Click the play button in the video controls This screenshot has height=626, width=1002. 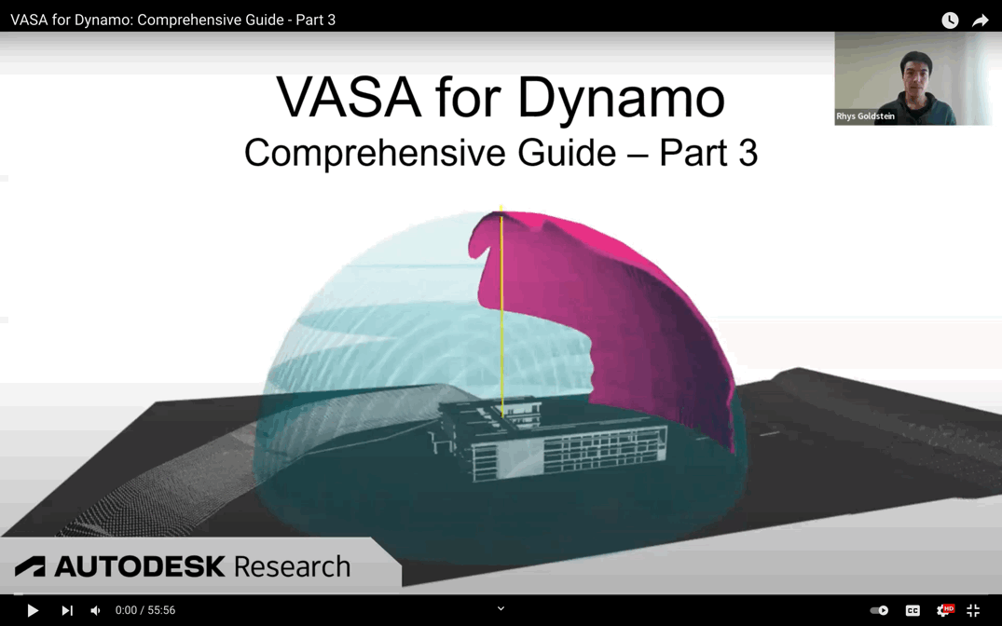click(x=33, y=610)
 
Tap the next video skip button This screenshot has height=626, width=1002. click(x=66, y=610)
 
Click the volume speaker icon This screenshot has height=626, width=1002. click(x=95, y=610)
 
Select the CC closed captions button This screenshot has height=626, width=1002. click(x=913, y=610)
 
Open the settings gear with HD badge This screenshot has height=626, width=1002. click(x=943, y=610)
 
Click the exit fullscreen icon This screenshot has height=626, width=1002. click(x=973, y=610)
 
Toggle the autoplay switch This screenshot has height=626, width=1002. click(x=879, y=610)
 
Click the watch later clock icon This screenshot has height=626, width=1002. click(x=950, y=20)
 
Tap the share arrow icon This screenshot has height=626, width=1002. click(x=981, y=20)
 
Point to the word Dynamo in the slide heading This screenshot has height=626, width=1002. click(x=622, y=98)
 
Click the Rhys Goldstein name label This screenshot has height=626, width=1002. click(x=865, y=116)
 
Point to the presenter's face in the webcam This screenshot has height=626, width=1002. click(x=916, y=73)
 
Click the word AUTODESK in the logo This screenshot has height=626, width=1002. click(x=140, y=566)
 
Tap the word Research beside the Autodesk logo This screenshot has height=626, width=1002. click(x=292, y=566)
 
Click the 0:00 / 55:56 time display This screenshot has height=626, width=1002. click(x=145, y=610)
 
